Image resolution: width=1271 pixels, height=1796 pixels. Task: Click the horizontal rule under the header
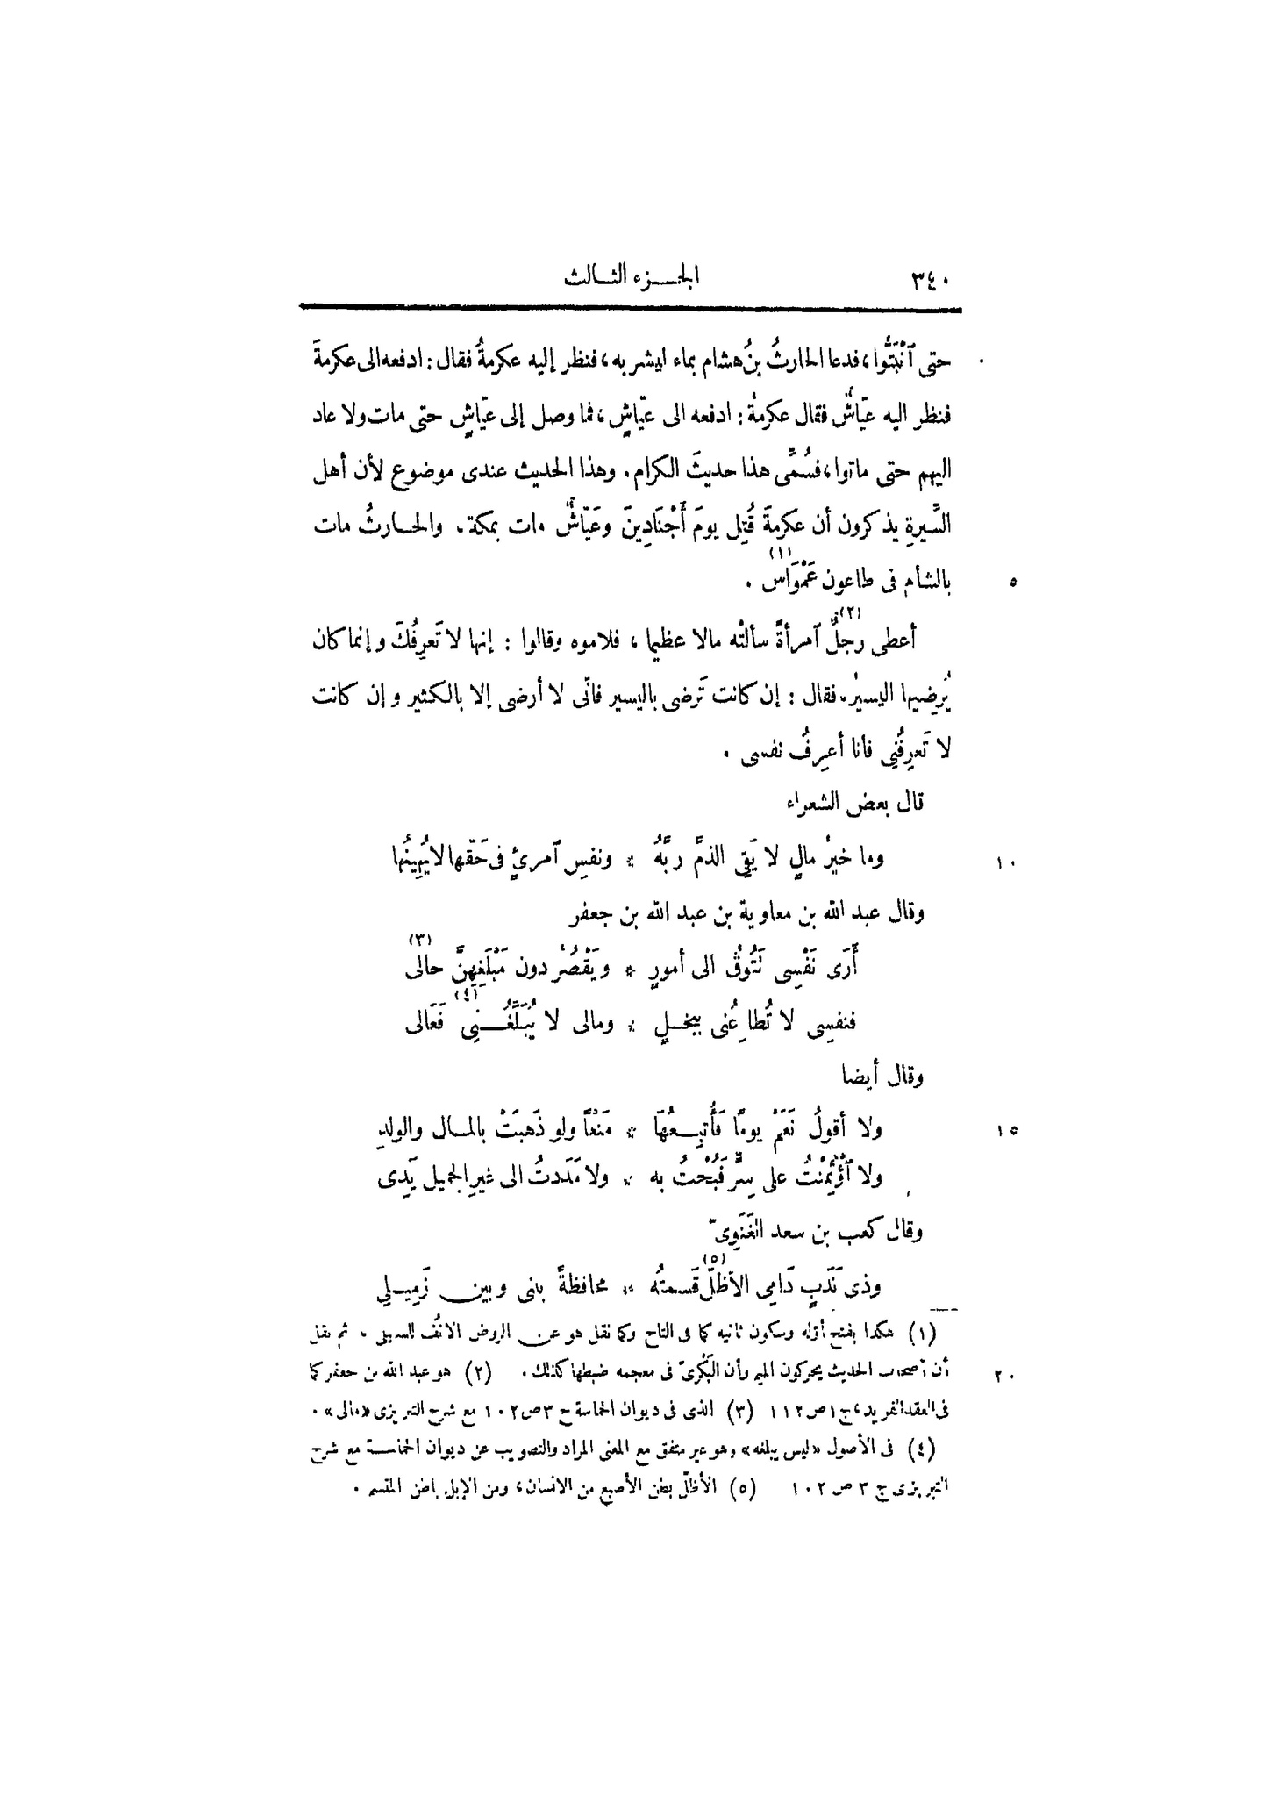pyautogui.click(x=630, y=308)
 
